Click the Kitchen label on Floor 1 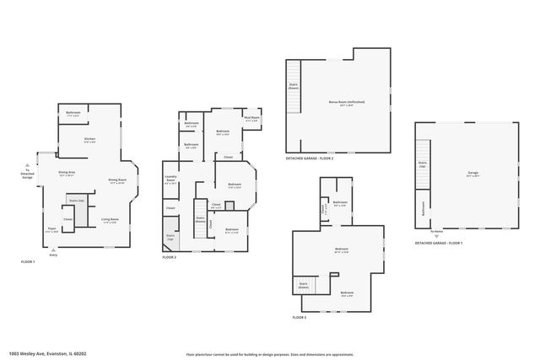89,139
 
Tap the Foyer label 51,228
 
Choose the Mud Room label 251,119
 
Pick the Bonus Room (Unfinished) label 341,103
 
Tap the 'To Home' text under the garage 437,231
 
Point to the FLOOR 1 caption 29,262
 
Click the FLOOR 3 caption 300,317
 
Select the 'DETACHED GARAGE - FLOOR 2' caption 310,159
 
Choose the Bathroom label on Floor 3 340,203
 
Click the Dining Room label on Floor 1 117,181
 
